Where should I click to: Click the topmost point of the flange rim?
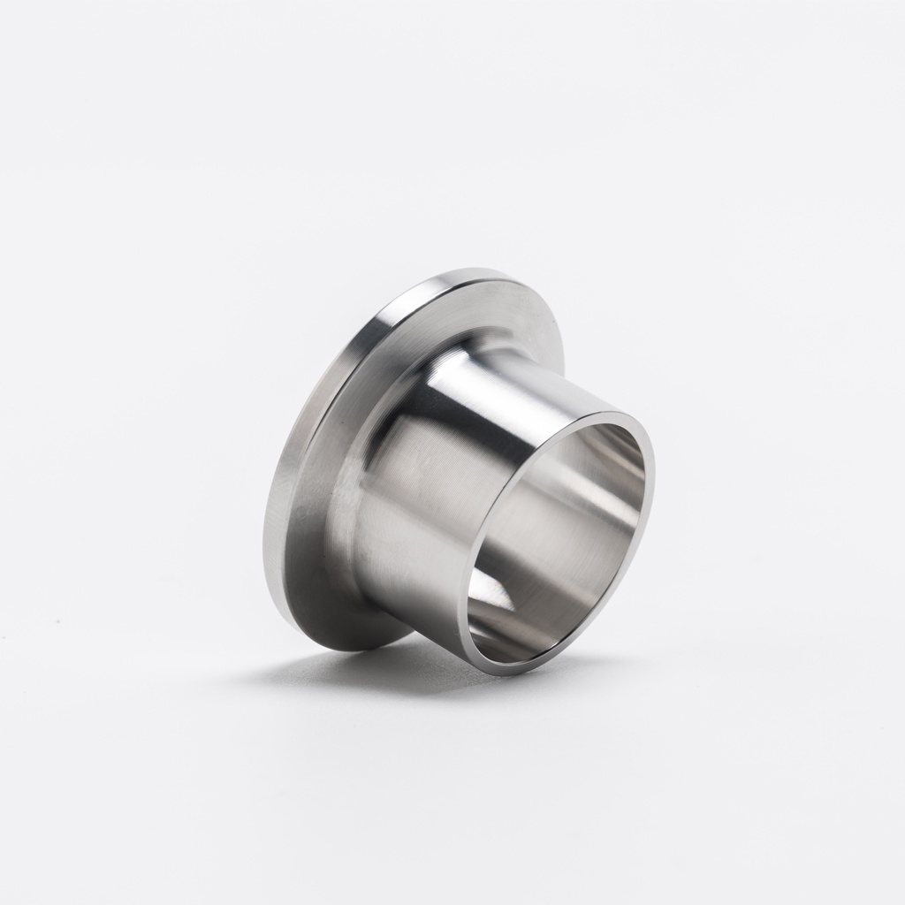(477, 267)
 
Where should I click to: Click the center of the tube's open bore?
(557, 539)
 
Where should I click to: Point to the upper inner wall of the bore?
(583, 451)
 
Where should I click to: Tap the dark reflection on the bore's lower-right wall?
(610, 601)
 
